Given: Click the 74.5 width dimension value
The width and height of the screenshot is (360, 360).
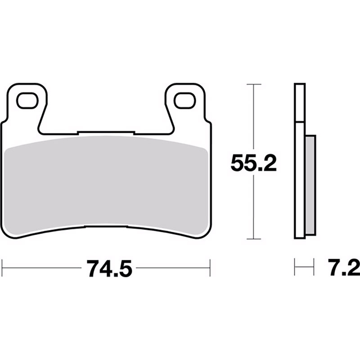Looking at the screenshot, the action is coord(109,268).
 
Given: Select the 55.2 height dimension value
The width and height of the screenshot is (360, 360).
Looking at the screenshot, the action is coord(253,163).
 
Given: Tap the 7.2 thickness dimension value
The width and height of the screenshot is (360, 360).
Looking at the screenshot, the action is coord(344,268).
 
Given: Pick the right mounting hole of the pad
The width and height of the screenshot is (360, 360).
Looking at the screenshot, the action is coord(184,100).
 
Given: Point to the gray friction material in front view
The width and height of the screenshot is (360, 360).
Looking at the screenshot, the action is coord(106,186).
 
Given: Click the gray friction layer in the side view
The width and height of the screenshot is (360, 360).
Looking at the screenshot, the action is coord(310,185).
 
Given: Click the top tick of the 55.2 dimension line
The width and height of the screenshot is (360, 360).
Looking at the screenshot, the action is coord(254,85).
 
